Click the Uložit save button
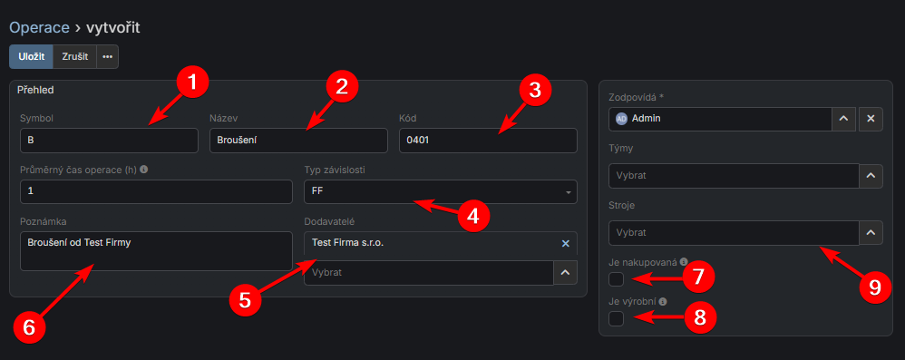click(31, 57)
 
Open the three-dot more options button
click(107, 57)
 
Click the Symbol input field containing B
click(109, 141)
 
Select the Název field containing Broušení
click(298, 141)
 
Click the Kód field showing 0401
click(488, 141)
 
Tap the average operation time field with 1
click(156, 191)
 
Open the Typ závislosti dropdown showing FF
click(441, 191)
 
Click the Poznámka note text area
click(156, 251)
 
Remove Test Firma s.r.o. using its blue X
click(566, 243)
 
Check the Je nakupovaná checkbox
click(617, 279)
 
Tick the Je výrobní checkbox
click(617, 318)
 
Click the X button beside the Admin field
click(871, 119)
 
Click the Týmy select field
click(735, 175)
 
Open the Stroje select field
click(735, 233)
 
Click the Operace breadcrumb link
click(39, 27)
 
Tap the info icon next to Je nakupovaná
click(684, 261)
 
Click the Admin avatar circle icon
click(621, 119)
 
